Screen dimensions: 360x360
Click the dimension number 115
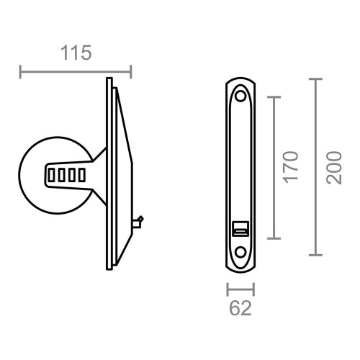[76, 53]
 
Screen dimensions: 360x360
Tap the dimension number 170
[290, 168]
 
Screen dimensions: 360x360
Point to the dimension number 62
[240, 309]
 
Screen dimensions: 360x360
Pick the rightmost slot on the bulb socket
[81, 174]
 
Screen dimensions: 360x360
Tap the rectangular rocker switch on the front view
[240, 229]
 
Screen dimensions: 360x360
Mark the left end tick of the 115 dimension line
[20, 71]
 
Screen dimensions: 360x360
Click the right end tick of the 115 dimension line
[131, 71]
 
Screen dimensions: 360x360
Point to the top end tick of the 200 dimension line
[315, 79]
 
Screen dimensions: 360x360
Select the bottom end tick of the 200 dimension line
[315, 255]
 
